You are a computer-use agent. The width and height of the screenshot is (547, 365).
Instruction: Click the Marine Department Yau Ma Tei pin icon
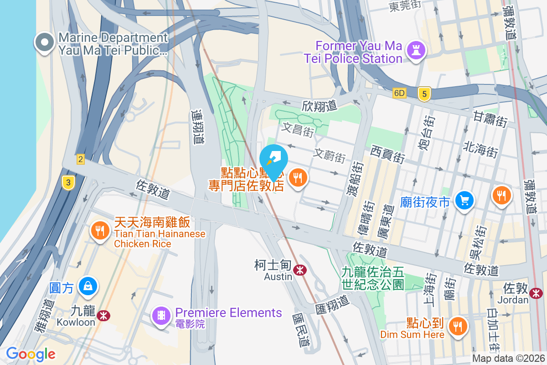click(44, 43)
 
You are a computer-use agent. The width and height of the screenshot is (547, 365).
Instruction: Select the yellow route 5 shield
click(424, 94)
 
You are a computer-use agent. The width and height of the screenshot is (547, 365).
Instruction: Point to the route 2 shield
click(81, 159)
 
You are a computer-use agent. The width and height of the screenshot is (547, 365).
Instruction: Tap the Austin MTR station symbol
click(299, 270)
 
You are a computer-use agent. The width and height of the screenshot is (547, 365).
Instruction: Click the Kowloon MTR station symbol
click(103, 315)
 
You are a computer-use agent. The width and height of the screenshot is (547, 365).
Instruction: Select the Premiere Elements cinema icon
click(161, 315)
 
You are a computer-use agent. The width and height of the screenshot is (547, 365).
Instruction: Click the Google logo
click(31, 354)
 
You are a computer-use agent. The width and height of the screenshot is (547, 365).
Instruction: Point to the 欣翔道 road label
click(319, 106)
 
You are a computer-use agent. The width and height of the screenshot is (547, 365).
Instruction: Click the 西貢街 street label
click(387, 154)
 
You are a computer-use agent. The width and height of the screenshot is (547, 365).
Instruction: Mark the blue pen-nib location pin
click(273, 160)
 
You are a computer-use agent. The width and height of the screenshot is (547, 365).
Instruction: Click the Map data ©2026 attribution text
click(508, 359)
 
